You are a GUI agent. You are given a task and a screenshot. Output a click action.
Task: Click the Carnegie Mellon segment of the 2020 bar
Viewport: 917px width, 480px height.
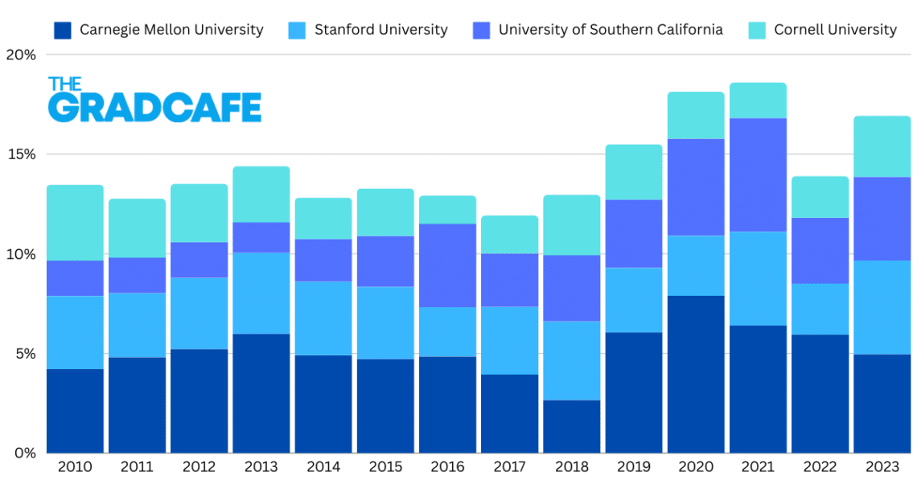696,374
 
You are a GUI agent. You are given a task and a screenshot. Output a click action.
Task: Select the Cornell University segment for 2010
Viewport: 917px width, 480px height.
76,223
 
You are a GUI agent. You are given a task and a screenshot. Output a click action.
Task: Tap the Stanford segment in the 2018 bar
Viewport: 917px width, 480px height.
572,360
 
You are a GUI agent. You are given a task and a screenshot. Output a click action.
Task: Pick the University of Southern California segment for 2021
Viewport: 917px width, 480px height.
758,175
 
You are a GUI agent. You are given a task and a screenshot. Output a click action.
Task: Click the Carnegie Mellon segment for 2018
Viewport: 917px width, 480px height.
572,426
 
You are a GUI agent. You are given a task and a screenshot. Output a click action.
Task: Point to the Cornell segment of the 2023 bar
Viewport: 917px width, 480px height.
882,146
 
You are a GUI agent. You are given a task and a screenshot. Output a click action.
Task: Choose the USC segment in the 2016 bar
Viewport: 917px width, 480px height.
447,265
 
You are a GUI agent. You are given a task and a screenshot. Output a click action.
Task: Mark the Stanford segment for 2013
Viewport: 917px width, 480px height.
261,293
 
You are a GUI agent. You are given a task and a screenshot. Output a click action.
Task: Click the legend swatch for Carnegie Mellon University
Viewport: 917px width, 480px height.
64,31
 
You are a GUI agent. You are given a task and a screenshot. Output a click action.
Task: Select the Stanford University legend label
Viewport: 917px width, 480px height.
380,30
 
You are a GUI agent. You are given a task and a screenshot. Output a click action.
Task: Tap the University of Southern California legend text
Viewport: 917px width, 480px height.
610,30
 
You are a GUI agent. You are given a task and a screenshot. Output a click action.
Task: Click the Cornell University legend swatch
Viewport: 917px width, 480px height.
758,31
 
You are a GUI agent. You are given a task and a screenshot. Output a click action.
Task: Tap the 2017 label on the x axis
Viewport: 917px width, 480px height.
509,467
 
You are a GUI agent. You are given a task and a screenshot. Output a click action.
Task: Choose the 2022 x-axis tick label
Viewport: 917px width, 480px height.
820,467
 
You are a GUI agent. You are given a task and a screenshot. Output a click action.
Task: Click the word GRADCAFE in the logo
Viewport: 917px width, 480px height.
154,108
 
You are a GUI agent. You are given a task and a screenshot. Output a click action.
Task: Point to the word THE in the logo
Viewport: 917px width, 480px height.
64,84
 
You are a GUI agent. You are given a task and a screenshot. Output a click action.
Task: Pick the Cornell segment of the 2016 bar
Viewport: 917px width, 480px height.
447,210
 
